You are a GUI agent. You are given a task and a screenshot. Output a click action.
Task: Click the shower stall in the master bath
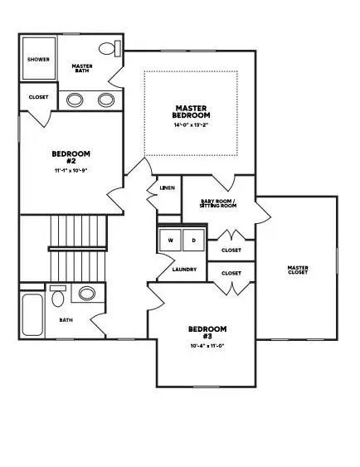[x=37, y=60]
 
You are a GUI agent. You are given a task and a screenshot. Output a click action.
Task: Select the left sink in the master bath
[x=75, y=100]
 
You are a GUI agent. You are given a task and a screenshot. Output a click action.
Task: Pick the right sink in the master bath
[x=106, y=100]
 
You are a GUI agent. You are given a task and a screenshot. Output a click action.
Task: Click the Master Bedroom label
[x=191, y=111]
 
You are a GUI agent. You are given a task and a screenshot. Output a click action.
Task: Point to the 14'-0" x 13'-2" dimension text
[x=191, y=126]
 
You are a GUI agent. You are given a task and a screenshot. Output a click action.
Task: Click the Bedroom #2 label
[x=71, y=158]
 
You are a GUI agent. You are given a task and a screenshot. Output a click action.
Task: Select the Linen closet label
[x=166, y=188]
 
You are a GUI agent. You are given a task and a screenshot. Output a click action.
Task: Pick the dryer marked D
[x=192, y=241]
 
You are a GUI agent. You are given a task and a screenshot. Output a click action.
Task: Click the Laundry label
[x=183, y=270]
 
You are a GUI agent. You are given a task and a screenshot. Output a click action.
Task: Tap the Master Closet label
[x=298, y=270]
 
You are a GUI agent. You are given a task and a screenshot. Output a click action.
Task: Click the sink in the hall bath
[x=85, y=294]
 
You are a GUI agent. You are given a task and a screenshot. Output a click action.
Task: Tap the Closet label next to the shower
[x=38, y=97]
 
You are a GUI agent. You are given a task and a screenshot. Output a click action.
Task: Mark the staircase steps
[x=78, y=249]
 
